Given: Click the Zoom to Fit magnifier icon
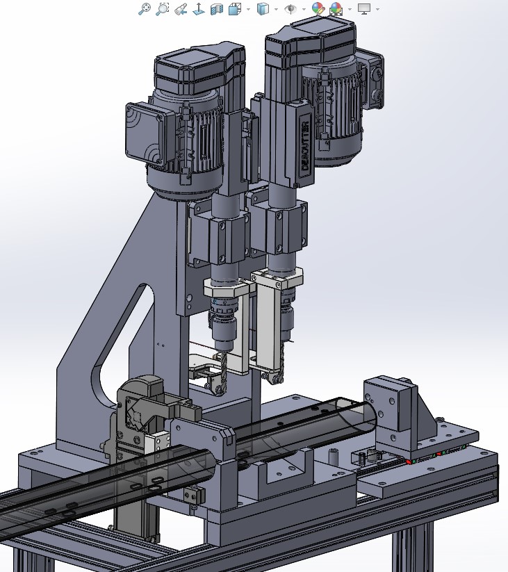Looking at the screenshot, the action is (x=145, y=9).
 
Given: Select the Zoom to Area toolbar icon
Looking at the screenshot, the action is (x=163, y=9).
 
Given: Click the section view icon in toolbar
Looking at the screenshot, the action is (x=217, y=9).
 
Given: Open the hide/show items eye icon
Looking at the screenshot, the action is (x=290, y=9).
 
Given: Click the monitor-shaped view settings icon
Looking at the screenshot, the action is (x=364, y=9).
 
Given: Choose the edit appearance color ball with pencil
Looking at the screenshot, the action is (x=318, y=9).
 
